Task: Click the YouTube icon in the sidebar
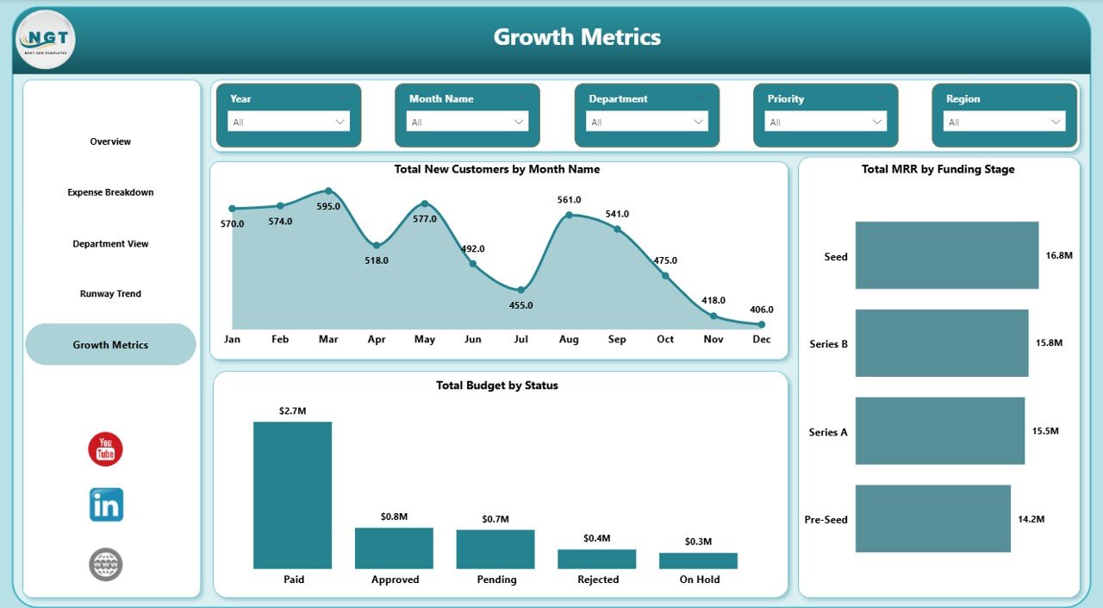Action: coord(105,449)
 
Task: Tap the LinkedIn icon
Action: coord(106,505)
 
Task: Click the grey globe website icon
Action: coord(106,565)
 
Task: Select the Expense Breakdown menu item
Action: coord(110,192)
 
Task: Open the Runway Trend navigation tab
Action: coord(110,294)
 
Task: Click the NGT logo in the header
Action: coord(46,40)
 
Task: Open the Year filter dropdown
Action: coord(289,122)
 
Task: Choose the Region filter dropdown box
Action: coord(1004,122)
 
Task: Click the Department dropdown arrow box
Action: coord(646,122)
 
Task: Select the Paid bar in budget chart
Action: coord(292,495)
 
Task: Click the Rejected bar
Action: coord(596,559)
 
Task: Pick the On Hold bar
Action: coord(698,561)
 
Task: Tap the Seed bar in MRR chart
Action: coord(946,255)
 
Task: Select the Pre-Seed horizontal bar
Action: coord(932,518)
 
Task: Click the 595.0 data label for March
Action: coord(328,207)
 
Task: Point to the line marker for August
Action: coord(569,215)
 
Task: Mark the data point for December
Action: coord(762,324)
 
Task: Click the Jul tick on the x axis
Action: coord(520,340)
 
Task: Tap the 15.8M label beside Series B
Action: coord(1049,343)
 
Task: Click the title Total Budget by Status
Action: coord(497,385)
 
